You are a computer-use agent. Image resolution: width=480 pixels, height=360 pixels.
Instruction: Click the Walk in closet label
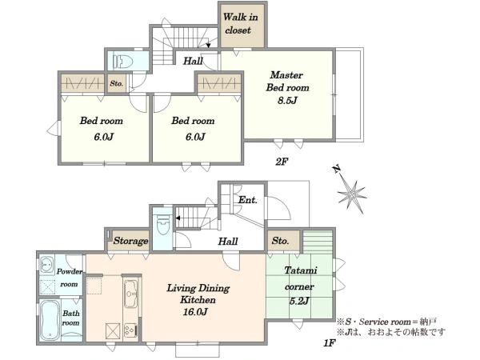[240, 23]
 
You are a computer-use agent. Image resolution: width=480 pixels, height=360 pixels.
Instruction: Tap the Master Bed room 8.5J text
[287, 87]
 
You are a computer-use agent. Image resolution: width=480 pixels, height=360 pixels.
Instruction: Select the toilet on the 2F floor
[122, 61]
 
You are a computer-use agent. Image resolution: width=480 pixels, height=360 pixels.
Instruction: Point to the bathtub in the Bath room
[50, 320]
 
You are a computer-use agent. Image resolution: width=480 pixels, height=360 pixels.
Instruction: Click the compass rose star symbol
[353, 194]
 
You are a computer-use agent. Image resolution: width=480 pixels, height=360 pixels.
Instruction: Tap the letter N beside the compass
[337, 169]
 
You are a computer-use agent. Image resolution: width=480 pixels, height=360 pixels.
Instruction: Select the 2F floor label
[282, 162]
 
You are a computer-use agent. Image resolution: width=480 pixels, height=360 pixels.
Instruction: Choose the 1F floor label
[330, 343]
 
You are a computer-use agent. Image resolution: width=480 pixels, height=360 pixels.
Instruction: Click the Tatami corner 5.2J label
[299, 286]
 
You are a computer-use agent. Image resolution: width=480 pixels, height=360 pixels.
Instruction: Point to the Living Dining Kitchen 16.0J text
[198, 300]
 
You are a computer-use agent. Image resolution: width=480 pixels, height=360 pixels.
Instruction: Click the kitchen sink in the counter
[132, 294]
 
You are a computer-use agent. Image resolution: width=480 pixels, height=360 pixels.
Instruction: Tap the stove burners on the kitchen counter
[131, 330]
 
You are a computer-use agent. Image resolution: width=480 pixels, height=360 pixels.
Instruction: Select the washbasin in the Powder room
[47, 263]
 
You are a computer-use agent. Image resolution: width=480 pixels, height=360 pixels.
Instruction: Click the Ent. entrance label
[247, 200]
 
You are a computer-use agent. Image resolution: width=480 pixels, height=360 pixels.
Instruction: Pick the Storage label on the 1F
[130, 241]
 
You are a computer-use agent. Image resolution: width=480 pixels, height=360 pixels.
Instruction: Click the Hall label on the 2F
[193, 62]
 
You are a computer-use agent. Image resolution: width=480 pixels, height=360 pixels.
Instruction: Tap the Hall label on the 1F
[228, 242]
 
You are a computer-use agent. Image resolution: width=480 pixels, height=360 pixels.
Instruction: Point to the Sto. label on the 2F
[116, 83]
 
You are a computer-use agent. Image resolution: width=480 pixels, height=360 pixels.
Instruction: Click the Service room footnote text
[386, 322]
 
